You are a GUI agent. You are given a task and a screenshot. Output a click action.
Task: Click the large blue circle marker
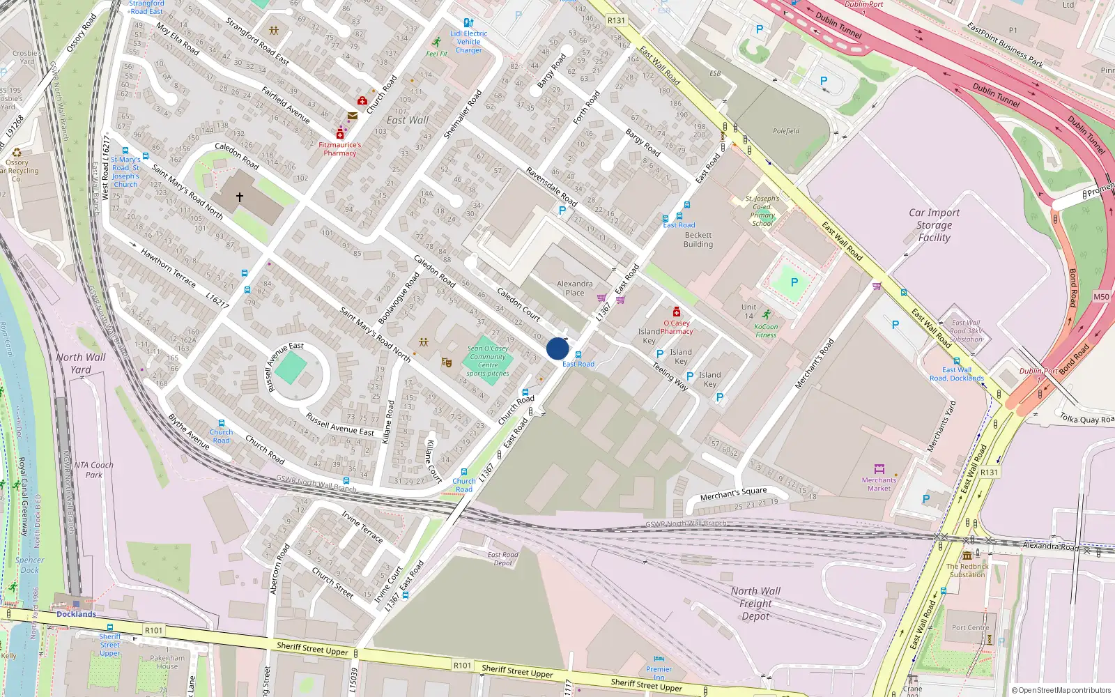557,348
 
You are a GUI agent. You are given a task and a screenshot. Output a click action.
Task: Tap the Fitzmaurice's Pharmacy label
340,149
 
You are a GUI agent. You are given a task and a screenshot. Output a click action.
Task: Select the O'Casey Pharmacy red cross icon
676,312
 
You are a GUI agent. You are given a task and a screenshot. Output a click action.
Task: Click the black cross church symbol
240,197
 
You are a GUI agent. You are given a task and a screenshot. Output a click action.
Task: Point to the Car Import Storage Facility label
934,225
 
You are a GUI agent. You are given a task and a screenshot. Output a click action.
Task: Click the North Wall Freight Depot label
755,604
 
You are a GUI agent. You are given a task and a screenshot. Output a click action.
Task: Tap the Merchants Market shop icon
879,469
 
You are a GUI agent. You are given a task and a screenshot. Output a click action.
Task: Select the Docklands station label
76,614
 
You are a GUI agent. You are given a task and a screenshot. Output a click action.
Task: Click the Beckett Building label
698,240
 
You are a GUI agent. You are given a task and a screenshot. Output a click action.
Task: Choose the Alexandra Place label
575,288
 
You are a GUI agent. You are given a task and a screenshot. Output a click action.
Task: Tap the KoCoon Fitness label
766,330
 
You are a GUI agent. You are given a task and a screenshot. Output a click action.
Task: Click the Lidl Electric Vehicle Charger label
469,42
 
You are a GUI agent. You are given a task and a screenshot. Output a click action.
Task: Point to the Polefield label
786,131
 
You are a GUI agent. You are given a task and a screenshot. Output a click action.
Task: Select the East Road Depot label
502,559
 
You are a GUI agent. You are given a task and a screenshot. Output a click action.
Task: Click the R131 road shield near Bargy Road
616,20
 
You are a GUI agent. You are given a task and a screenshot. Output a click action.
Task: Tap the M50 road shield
1101,297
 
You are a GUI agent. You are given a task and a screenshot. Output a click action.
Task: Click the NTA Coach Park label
93,470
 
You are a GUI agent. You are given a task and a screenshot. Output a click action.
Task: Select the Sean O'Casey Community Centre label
488,360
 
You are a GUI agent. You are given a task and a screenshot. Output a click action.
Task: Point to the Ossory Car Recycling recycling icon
17,152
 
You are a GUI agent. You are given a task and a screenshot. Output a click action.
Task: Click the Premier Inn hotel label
659,673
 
